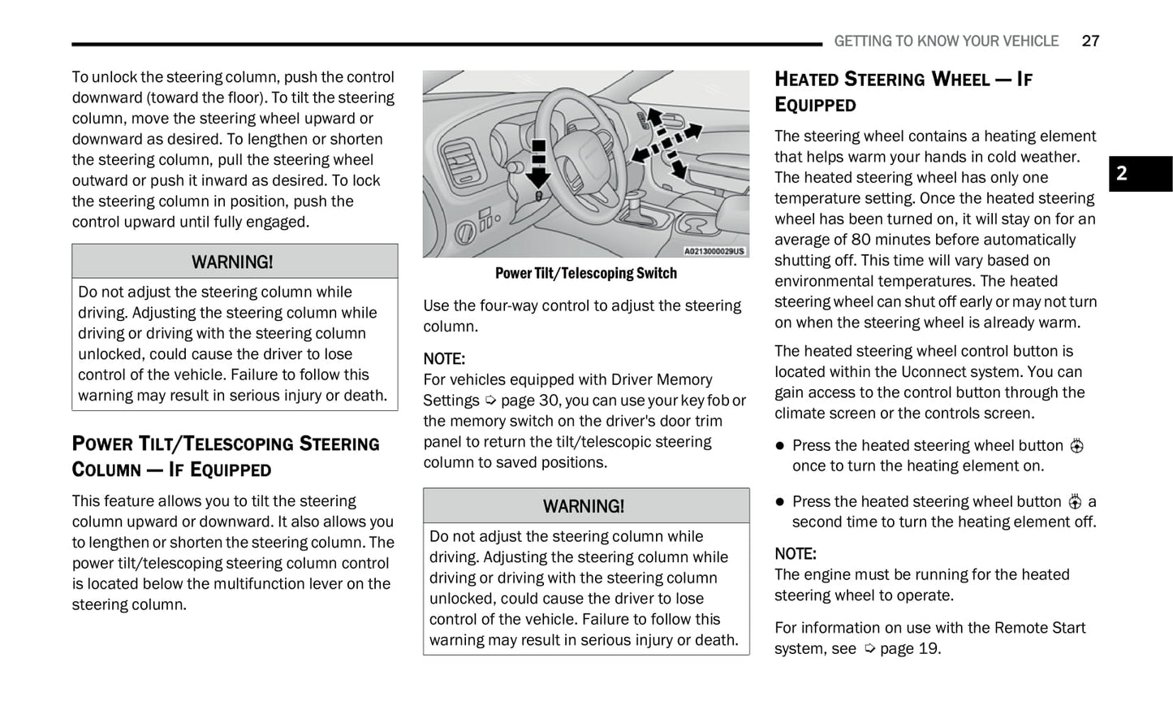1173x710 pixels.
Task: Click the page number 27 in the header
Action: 1090,41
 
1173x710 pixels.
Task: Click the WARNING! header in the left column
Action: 233,262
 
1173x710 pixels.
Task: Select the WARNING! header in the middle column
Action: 584,506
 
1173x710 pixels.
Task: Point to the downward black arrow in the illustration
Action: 537,167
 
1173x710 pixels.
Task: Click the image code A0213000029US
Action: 714,251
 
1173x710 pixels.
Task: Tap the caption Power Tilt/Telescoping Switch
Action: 585,274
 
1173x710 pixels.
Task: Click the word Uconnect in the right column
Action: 930,372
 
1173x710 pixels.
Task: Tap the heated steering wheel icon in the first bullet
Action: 1076,446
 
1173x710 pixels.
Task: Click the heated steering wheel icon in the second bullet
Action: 1075,502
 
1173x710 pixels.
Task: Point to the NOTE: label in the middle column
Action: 444,359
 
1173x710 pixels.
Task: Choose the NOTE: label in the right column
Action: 796,554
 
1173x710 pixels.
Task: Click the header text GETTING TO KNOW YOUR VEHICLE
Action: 946,41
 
